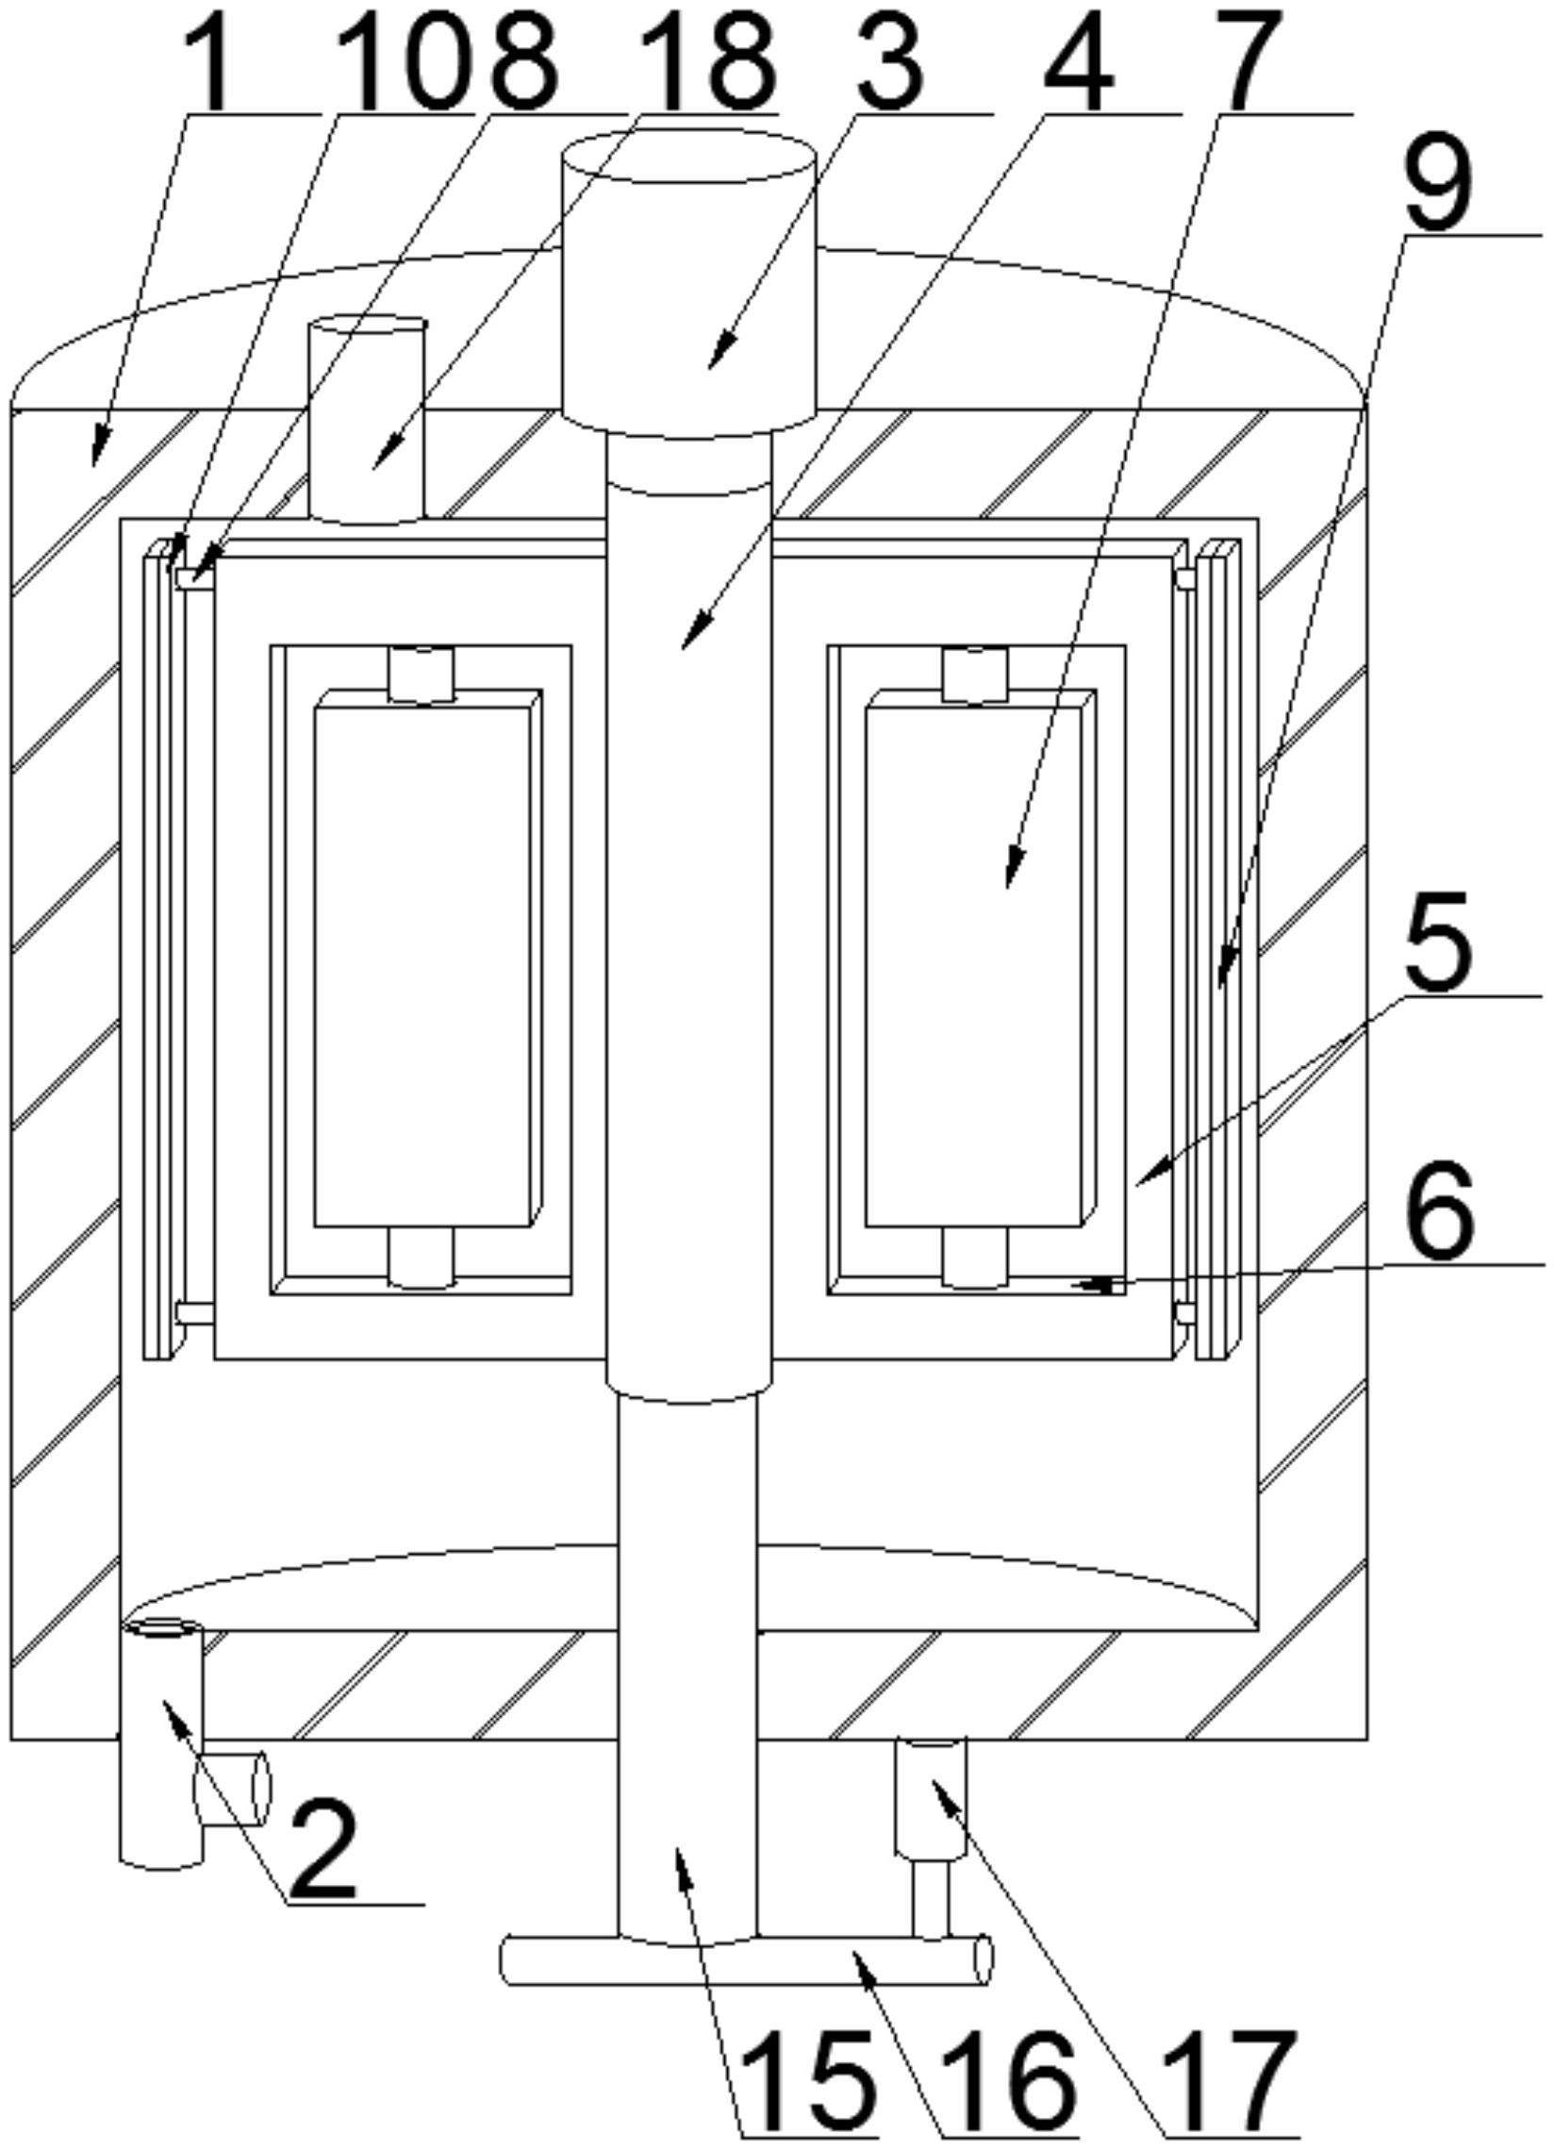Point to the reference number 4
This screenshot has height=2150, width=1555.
click(x=1079, y=58)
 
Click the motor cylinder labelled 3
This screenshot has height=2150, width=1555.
click(x=689, y=284)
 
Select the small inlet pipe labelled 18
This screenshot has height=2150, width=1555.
click(x=367, y=422)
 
